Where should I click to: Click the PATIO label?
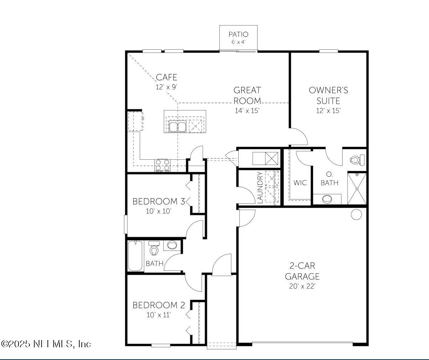238,34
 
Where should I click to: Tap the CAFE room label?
166,77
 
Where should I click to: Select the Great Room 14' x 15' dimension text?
247,111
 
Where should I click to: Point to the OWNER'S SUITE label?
328,95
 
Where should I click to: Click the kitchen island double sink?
178,127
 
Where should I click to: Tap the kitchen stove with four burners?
162,165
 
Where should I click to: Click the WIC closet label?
300,183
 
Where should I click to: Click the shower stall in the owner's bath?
357,189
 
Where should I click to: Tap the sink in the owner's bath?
327,199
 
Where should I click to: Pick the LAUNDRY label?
260,188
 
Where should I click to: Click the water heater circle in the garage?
356,214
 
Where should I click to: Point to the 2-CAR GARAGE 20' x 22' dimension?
302,286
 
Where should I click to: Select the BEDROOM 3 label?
159,201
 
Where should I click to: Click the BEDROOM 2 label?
159,305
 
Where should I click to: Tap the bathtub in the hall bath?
135,256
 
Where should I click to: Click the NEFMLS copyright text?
46,343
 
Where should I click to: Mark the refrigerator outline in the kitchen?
135,121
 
